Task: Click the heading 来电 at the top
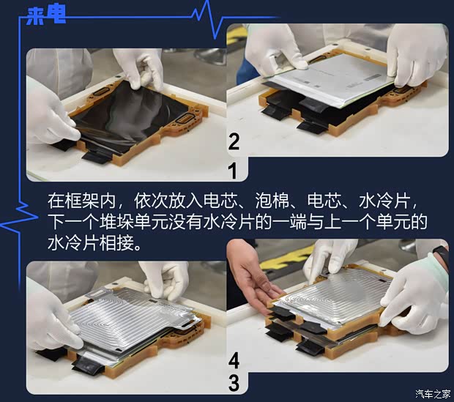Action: point(45,16)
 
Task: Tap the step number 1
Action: point(234,171)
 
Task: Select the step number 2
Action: point(234,141)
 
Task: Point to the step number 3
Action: point(234,382)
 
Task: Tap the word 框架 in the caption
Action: point(81,201)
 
